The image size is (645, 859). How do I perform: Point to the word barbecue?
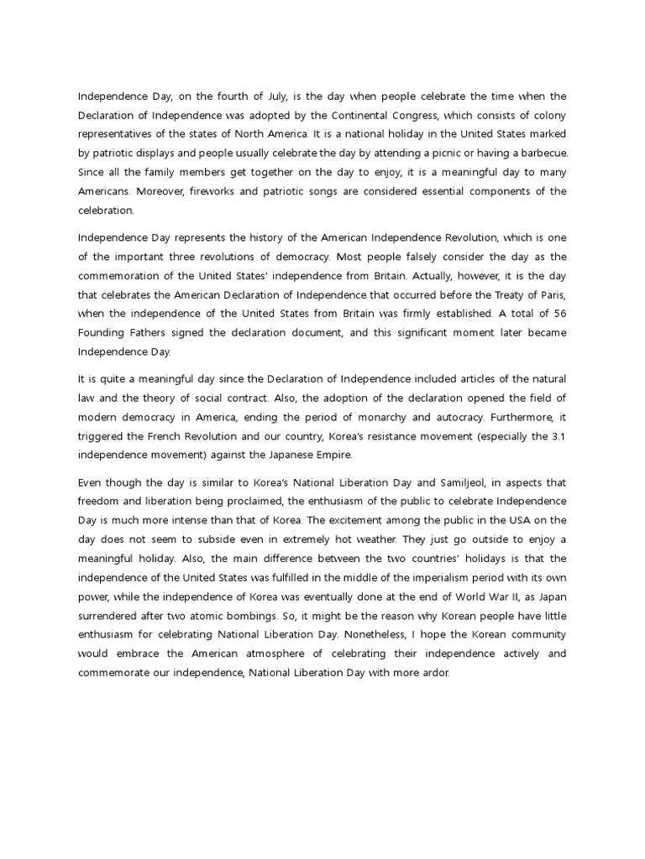click(541, 153)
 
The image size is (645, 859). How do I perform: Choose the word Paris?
click(549, 294)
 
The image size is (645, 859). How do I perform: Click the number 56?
click(558, 314)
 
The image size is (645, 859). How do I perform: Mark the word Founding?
click(102, 333)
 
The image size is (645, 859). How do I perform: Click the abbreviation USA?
click(520, 520)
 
